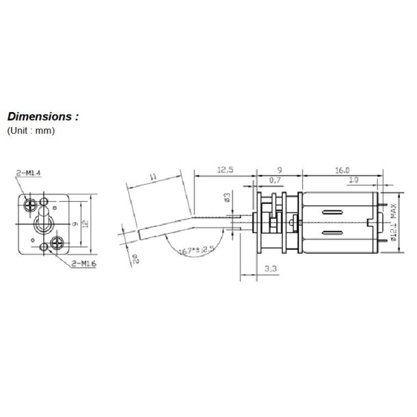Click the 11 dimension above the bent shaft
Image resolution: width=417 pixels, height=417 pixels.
point(153,178)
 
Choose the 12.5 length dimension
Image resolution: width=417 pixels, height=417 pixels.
point(224,170)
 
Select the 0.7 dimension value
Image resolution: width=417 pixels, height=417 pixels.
point(275,180)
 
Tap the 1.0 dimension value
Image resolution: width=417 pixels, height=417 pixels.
point(353,180)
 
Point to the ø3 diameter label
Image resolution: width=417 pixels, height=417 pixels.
point(228,200)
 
